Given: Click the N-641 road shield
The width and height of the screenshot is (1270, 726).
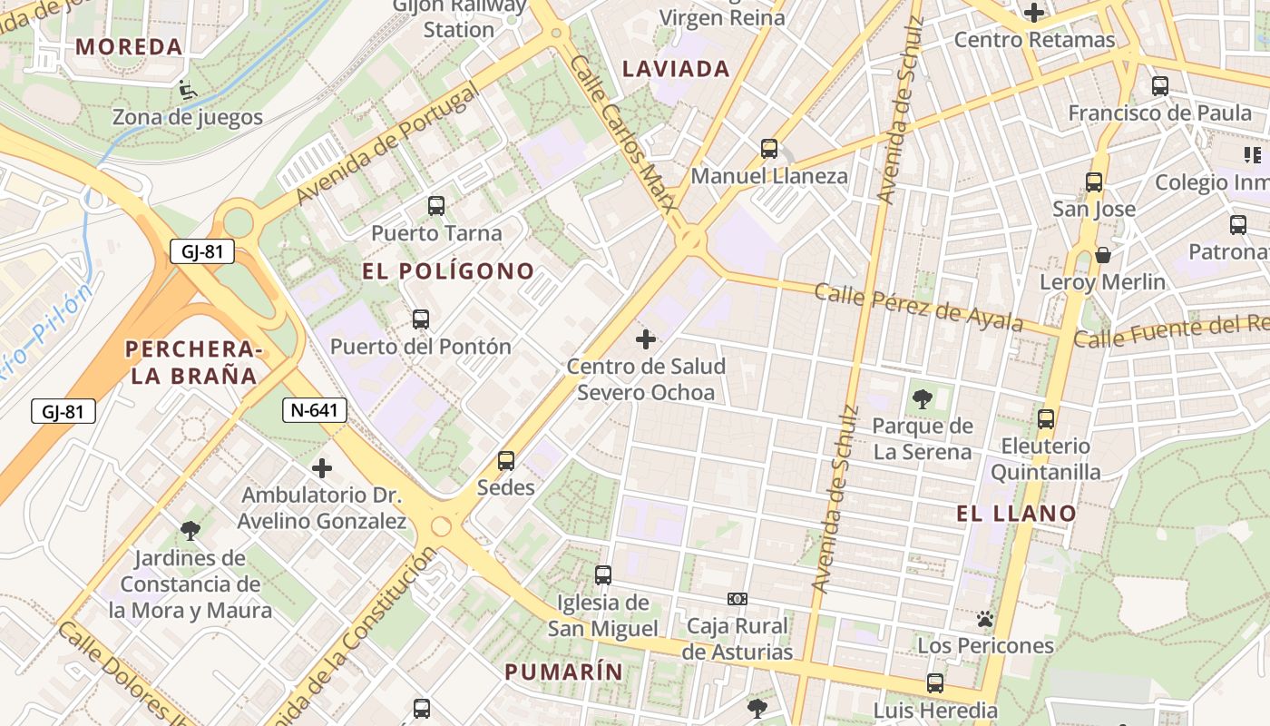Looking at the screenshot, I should (x=315, y=410).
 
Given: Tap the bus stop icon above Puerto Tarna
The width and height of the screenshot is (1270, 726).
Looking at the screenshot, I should (x=436, y=206).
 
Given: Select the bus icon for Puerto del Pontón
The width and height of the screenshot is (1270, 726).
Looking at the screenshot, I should (x=421, y=319).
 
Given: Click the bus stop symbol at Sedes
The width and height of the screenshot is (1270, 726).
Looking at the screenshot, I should (x=506, y=461).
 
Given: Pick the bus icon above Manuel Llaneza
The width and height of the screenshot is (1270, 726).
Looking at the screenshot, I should (x=769, y=149).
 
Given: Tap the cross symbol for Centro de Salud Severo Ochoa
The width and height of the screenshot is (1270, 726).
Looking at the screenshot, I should (x=646, y=339).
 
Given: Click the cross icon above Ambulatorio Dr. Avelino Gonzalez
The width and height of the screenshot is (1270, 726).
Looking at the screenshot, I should (x=322, y=468).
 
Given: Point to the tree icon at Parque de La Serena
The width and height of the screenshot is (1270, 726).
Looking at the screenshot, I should (x=923, y=398).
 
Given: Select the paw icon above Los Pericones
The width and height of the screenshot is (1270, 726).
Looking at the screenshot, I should (x=985, y=619).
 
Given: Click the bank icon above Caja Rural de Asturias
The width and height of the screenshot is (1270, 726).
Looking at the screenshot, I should (x=738, y=599).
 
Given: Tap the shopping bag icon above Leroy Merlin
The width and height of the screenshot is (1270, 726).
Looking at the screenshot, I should (x=1103, y=255).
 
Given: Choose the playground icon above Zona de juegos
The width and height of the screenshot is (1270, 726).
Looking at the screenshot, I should (x=188, y=90).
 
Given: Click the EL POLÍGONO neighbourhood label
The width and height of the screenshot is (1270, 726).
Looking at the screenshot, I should (x=448, y=271).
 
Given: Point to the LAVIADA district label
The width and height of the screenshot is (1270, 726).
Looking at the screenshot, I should (x=677, y=69).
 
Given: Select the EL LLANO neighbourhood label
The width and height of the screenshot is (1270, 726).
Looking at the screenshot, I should (x=1016, y=514).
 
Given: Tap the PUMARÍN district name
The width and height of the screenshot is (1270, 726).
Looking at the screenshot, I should (x=564, y=672).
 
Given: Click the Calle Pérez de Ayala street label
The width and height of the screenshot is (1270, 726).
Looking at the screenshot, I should (x=918, y=307).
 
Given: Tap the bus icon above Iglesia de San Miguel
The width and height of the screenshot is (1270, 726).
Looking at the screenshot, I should (x=603, y=575).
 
